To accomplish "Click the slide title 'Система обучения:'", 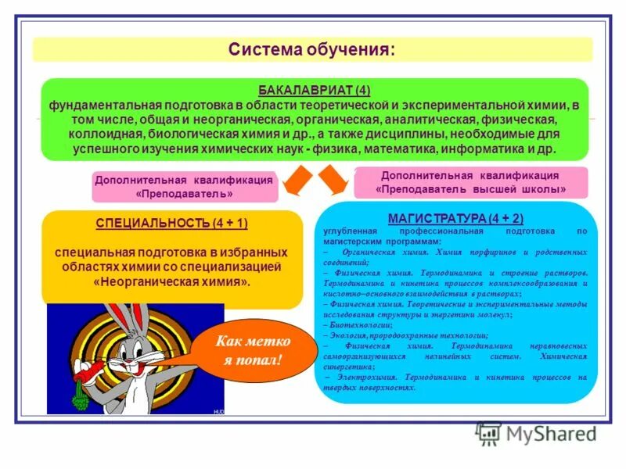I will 311,50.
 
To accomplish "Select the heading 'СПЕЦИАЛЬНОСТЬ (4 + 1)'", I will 172,224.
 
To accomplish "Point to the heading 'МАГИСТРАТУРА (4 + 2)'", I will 459,217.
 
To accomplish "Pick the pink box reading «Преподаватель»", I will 185,187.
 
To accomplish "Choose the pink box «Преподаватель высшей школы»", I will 470,183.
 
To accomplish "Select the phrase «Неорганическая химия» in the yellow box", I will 172,281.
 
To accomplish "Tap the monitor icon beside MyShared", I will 489,434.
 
